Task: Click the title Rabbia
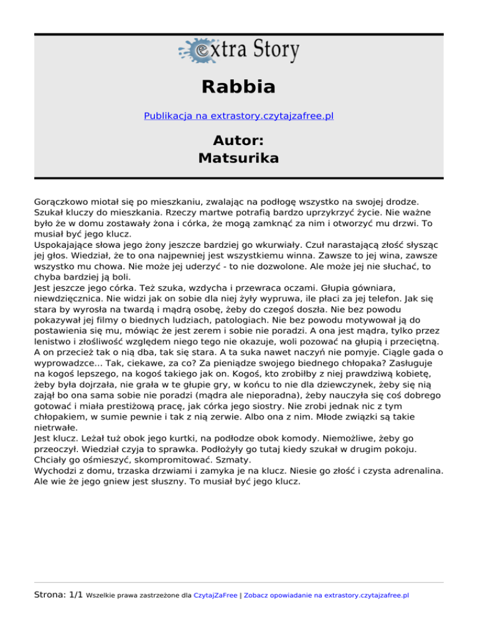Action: [x=238, y=87]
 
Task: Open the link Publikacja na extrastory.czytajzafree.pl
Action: [x=238, y=116]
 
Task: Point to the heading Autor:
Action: [x=238, y=139]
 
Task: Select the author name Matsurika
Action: [x=238, y=158]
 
